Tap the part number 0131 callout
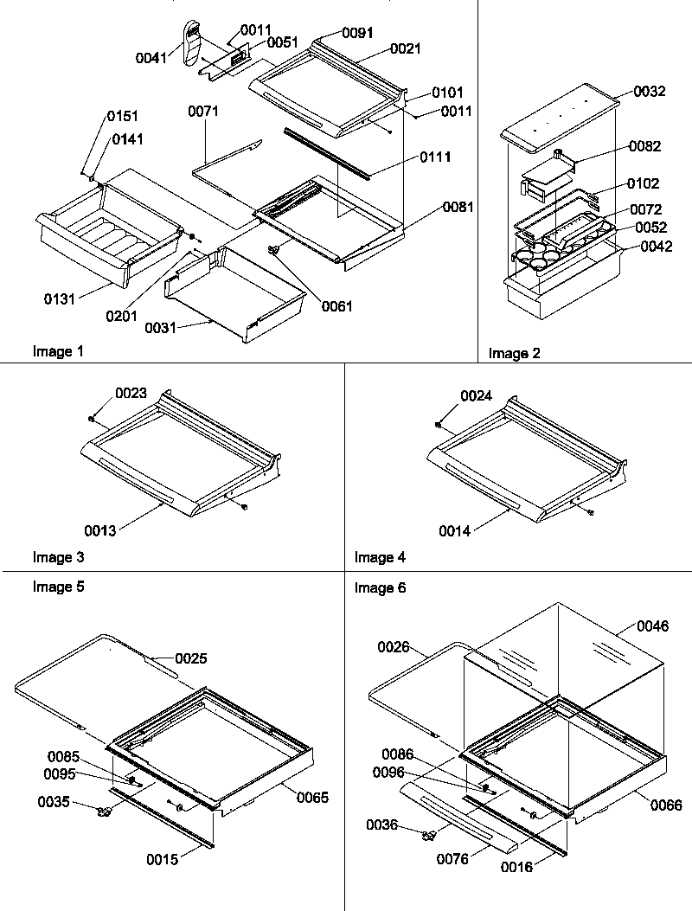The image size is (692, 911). click(61, 299)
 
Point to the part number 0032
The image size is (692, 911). click(649, 92)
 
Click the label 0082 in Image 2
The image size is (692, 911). click(644, 146)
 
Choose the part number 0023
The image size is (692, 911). click(131, 393)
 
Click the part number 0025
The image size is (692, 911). click(192, 658)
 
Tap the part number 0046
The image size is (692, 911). click(653, 626)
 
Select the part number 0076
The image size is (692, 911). click(452, 858)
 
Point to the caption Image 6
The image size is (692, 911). click(380, 588)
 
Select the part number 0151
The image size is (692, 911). click(123, 116)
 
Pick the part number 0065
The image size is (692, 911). click(312, 797)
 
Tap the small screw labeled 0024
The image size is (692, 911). click(439, 424)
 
